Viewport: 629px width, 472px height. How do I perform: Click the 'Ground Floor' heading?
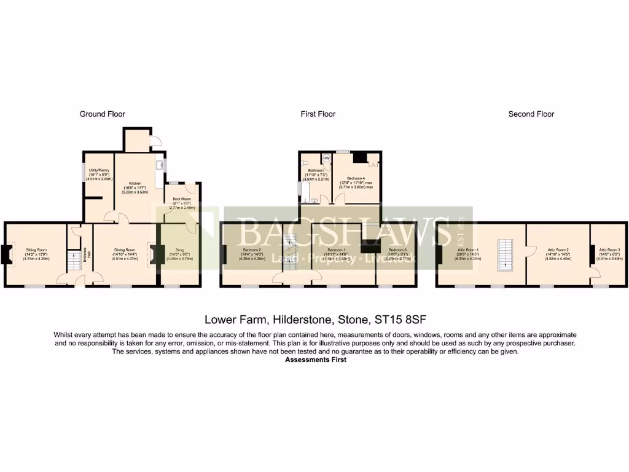click(x=103, y=114)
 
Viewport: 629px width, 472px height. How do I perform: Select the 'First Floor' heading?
click(x=318, y=114)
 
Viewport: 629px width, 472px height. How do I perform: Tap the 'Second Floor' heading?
click(x=531, y=114)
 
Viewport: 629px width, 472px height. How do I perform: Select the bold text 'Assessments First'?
click(x=316, y=360)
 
